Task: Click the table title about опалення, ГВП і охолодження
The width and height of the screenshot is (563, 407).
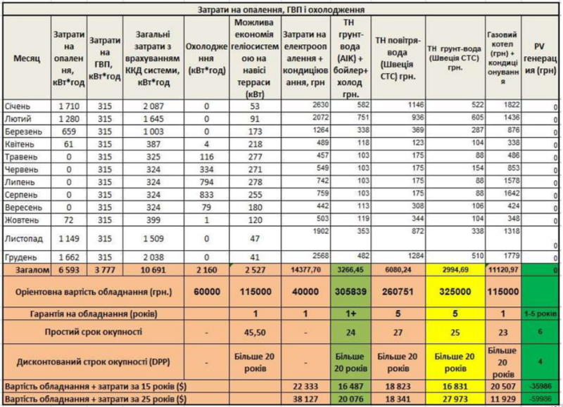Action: point(281,11)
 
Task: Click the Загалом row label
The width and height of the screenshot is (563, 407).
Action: point(28,269)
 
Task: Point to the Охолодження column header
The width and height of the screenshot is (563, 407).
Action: point(206,58)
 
